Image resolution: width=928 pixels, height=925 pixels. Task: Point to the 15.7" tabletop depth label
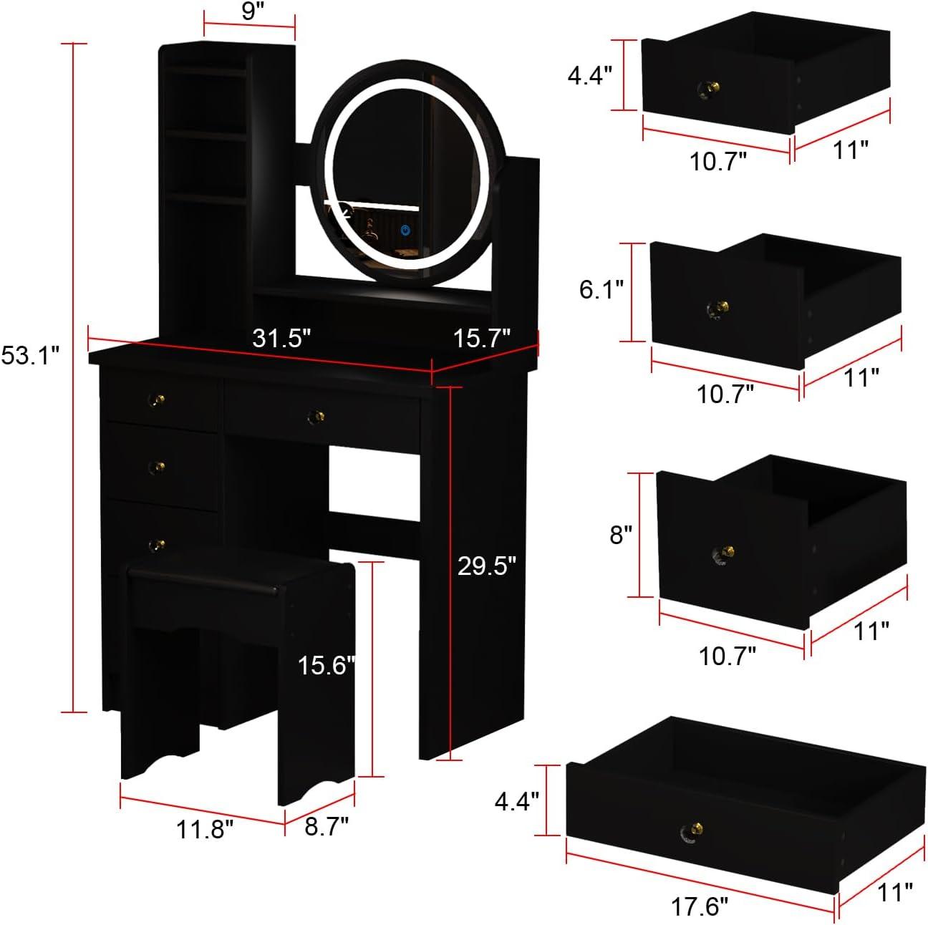pyautogui.click(x=483, y=337)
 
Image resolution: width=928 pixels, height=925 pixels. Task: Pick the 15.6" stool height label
pyautogui.click(x=327, y=666)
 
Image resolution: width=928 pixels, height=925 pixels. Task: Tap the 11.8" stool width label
pyautogui.click(x=205, y=830)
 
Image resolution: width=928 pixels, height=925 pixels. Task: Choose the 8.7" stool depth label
pyautogui.click(x=327, y=826)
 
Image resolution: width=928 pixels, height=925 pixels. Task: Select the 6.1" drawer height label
pyautogui.click(x=601, y=289)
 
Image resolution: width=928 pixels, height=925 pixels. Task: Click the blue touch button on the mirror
pyautogui.click(x=405, y=231)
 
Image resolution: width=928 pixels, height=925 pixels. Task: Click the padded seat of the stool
pyautogui.click(x=204, y=576)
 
